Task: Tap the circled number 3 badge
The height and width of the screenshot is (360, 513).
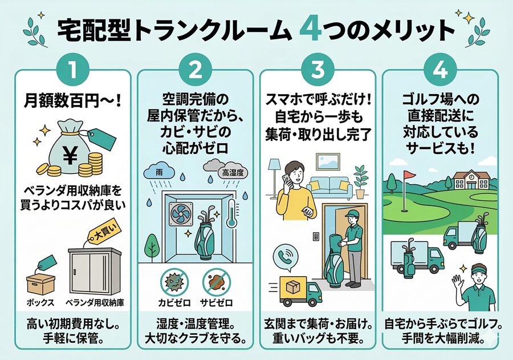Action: [317, 71]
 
